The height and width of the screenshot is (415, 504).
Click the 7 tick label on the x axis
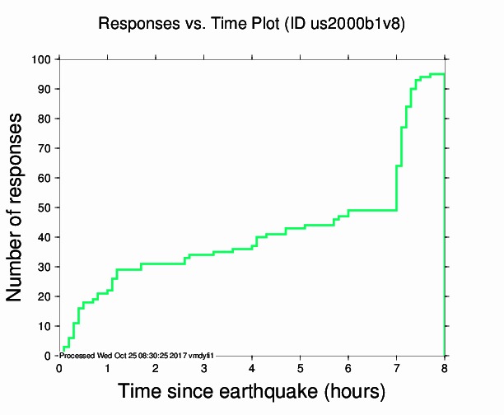(x=396, y=368)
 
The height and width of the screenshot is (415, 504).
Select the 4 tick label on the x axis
(x=252, y=368)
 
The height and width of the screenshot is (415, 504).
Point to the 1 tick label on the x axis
(x=107, y=368)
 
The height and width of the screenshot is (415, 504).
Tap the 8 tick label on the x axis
(x=445, y=368)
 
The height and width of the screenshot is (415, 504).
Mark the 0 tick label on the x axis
(x=59, y=368)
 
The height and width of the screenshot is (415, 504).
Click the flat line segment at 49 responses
(x=372, y=210)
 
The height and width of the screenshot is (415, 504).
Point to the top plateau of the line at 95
(x=437, y=74)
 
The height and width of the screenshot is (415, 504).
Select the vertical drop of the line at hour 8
(x=445, y=214)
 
